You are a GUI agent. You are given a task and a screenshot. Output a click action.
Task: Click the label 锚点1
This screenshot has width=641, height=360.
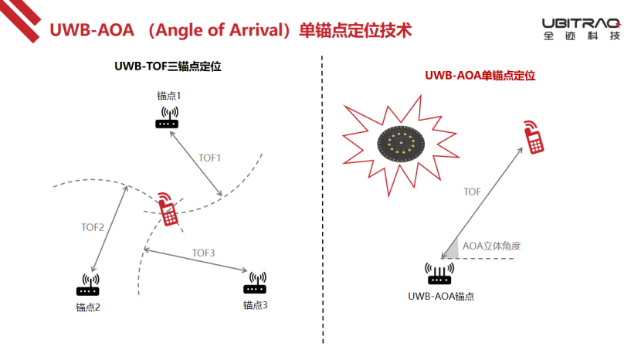(x=168, y=96)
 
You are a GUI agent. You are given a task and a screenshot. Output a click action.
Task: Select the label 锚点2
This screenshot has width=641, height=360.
(x=88, y=307)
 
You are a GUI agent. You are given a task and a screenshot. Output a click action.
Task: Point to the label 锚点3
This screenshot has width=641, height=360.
(x=256, y=305)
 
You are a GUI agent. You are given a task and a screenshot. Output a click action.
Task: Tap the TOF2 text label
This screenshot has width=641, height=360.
(x=93, y=227)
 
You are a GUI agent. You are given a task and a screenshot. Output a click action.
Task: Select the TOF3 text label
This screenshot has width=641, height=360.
(x=203, y=253)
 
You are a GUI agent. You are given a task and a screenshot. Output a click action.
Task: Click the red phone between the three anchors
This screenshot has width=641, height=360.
(x=167, y=209)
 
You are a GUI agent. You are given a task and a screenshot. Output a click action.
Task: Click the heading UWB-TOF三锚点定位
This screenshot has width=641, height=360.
(x=168, y=66)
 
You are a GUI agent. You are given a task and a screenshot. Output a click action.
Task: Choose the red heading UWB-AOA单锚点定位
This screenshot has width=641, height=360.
(x=480, y=76)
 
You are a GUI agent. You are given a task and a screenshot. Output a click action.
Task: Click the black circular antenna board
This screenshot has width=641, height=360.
(x=402, y=142)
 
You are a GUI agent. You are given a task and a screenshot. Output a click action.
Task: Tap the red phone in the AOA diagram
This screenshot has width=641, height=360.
(x=532, y=137)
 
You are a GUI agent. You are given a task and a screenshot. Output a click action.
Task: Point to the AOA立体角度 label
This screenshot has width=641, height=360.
(x=492, y=246)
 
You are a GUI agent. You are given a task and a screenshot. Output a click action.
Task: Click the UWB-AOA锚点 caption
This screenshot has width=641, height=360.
(x=441, y=296)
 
